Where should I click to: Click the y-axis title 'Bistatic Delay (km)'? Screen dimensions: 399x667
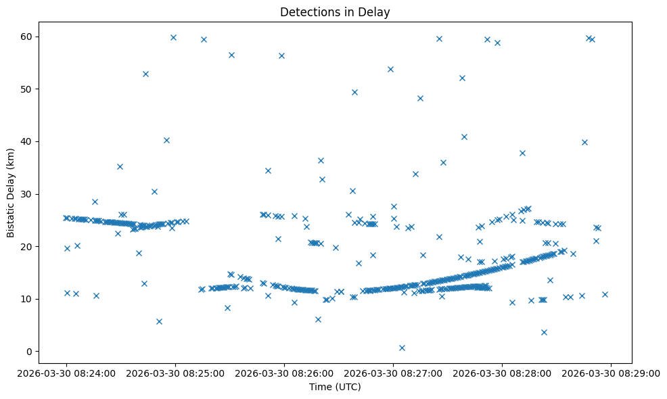tap(11, 193)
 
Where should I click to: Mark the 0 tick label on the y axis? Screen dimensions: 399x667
tap(30, 352)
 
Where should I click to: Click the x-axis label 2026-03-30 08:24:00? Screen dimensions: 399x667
tap(66, 372)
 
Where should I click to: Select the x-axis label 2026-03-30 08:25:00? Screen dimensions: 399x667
tap(175, 372)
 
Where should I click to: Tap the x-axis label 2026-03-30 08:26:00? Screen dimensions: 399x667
tap(284, 372)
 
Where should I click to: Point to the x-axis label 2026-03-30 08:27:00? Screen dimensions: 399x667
tap(393, 372)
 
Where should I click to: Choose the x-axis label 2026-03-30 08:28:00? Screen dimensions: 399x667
tap(502, 372)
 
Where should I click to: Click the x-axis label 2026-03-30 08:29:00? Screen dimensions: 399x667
tap(611, 372)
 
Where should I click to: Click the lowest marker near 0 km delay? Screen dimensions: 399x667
tap(402, 348)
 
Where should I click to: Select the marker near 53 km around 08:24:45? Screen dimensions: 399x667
tap(145, 74)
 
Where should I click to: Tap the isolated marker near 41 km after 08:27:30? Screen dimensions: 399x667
tap(464, 137)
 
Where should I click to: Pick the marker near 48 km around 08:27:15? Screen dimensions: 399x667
tap(420, 98)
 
